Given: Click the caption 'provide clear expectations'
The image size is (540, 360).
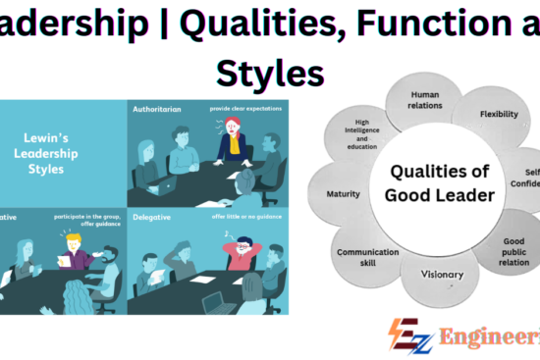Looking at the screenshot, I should click(x=245, y=109).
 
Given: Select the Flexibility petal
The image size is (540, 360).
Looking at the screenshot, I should click(x=499, y=115).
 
